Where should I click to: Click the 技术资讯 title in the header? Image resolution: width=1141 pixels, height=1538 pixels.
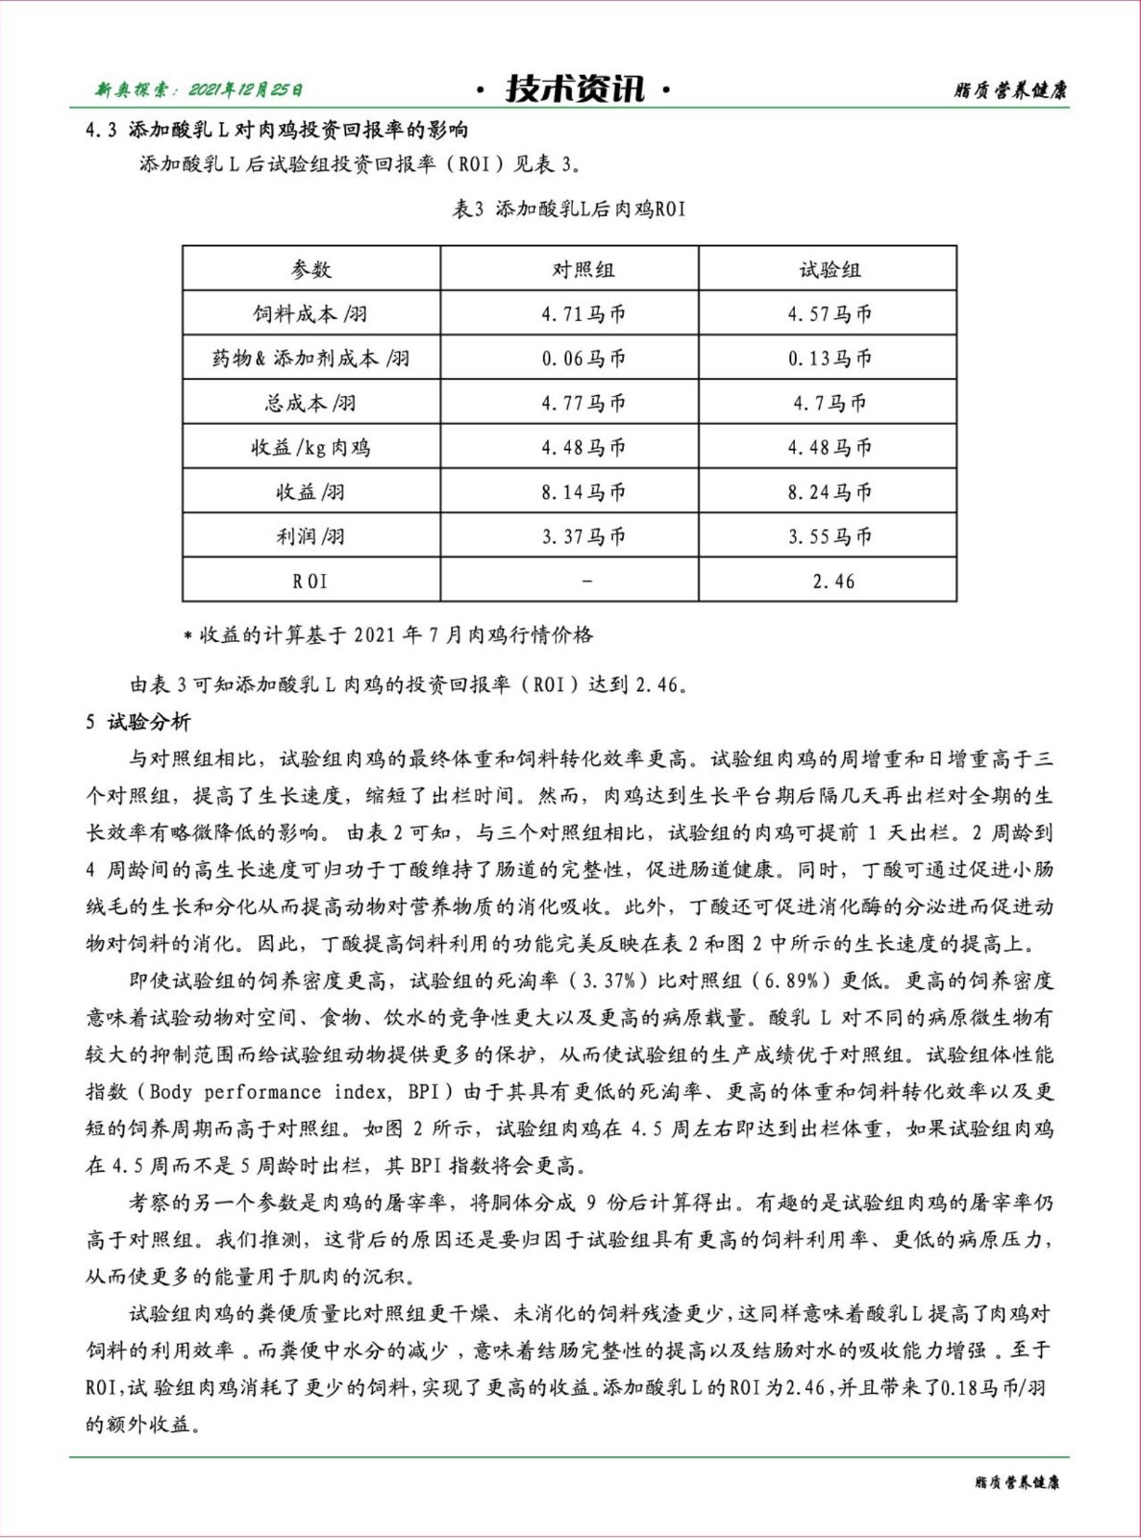pyautogui.click(x=574, y=89)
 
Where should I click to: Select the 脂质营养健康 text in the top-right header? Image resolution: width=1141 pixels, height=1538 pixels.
pyautogui.click(x=1010, y=90)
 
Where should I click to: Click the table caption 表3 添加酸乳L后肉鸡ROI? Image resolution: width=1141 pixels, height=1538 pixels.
pyautogui.click(x=569, y=209)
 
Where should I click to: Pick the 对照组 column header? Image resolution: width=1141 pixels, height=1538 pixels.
pyautogui.click(x=583, y=269)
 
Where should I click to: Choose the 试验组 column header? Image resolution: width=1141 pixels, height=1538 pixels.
pyautogui.click(x=830, y=269)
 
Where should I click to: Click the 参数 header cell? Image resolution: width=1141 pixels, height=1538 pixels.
pyautogui.click(x=310, y=269)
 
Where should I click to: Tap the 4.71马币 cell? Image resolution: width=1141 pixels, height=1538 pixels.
pyautogui.click(x=583, y=313)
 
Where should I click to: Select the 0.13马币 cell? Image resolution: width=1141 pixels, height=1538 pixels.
pyautogui.click(x=830, y=359)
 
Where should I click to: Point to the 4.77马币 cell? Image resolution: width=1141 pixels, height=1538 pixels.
pyautogui.click(x=583, y=403)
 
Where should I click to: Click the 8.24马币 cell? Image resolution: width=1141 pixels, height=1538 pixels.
pyautogui.click(x=830, y=492)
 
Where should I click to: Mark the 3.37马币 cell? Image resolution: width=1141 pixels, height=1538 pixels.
pyautogui.click(x=583, y=536)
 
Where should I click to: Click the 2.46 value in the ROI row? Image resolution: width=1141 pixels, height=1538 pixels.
pyautogui.click(x=832, y=581)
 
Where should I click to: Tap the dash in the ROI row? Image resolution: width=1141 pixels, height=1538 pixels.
pyautogui.click(x=586, y=581)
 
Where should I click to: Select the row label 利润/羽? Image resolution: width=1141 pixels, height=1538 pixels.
pyautogui.click(x=310, y=536)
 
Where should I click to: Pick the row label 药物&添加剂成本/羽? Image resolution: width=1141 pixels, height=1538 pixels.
pyautogui.click(x=310, y=359)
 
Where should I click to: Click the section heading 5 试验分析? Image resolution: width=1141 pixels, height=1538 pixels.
pyautogui.click(x=138, y=722)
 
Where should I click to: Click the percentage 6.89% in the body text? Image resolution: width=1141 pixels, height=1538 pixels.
pyautogui.click(x=792, y=980)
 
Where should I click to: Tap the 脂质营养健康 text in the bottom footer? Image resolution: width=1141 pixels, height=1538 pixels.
pyautogui.click(x=1017, y=1481)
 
